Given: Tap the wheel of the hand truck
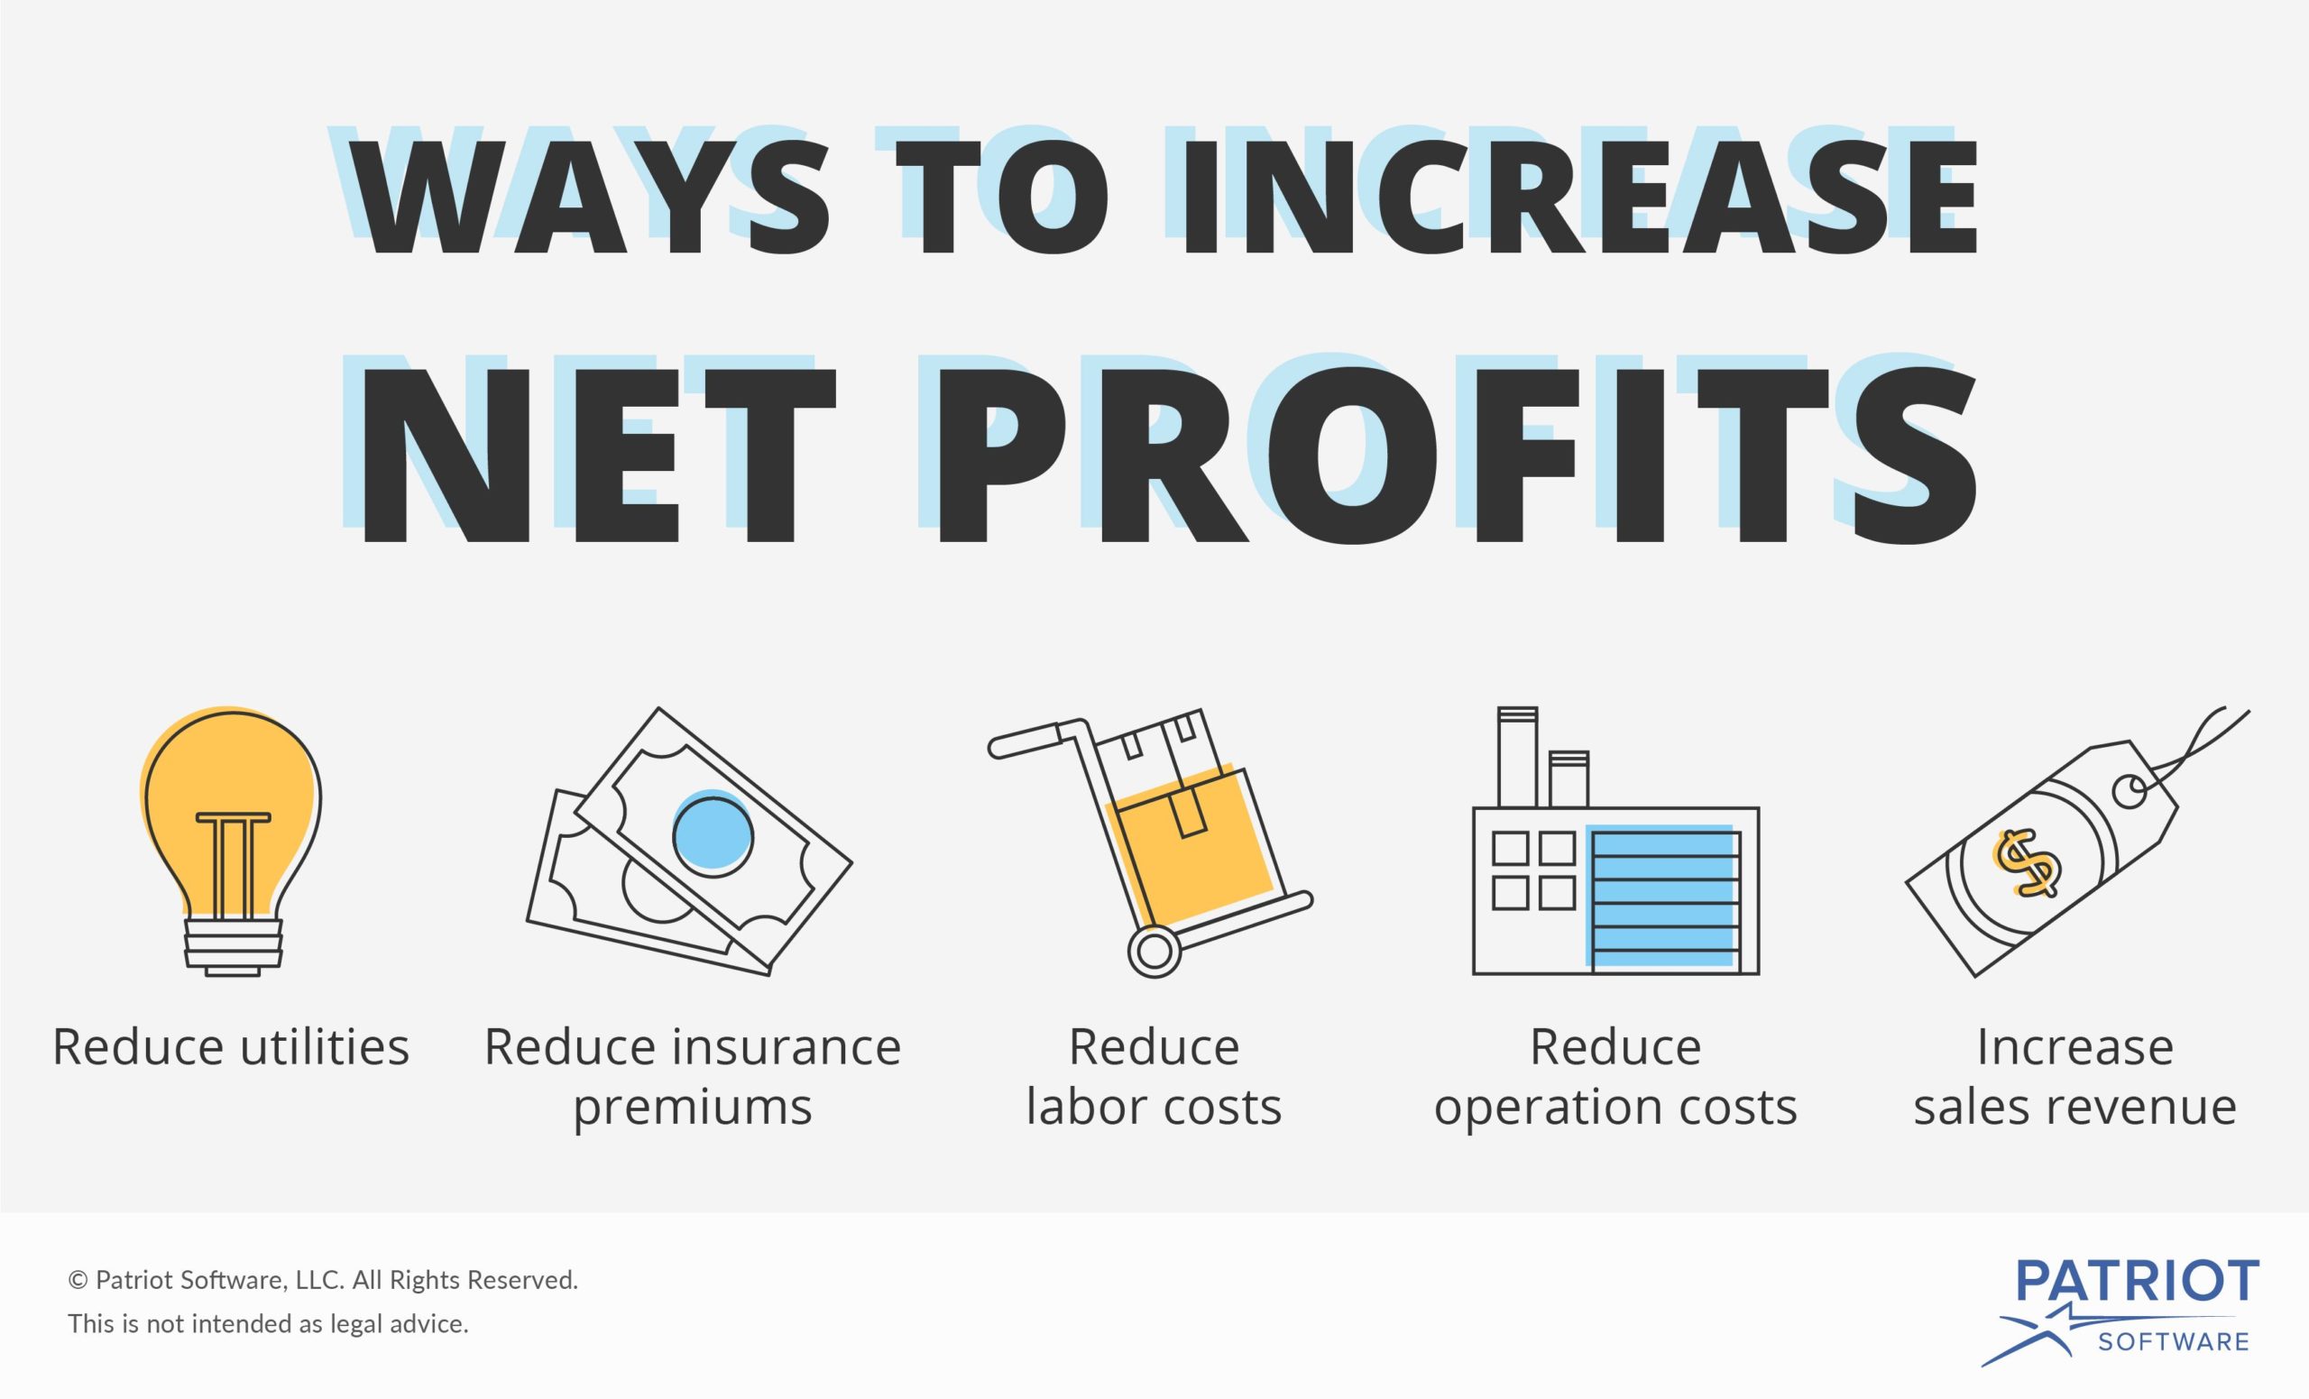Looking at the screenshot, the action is (1154, 953).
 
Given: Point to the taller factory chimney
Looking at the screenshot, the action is (1517, 757).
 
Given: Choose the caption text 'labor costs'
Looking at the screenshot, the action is (1154, 1107).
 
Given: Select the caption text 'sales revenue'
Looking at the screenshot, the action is (2075, 1107).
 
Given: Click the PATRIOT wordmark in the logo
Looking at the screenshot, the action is (2138, 1281).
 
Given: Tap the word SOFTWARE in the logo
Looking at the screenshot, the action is (2174, 1342).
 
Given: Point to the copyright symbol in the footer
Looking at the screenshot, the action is (78, 1280).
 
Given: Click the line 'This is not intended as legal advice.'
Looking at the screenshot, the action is (268, 1324).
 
